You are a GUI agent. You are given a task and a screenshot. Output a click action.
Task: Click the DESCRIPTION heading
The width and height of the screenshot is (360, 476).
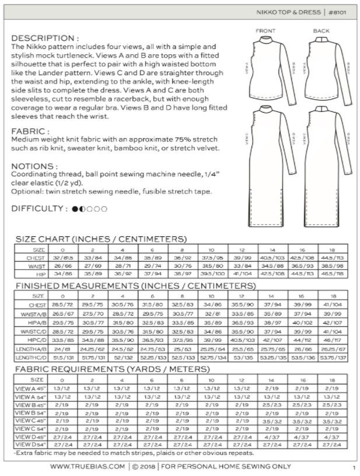coord(45,37)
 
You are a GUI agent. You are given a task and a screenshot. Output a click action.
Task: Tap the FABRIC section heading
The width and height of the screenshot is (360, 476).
coord(31,132)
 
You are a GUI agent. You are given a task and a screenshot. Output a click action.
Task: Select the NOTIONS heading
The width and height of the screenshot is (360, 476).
coord(34,166)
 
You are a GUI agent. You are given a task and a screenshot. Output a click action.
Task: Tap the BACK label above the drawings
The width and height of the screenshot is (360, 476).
coord(321,31)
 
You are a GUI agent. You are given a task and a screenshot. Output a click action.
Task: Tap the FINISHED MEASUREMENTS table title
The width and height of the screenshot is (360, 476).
coord(135,286)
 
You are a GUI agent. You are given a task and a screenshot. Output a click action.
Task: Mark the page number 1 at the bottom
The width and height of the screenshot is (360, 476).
coord(354,467)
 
